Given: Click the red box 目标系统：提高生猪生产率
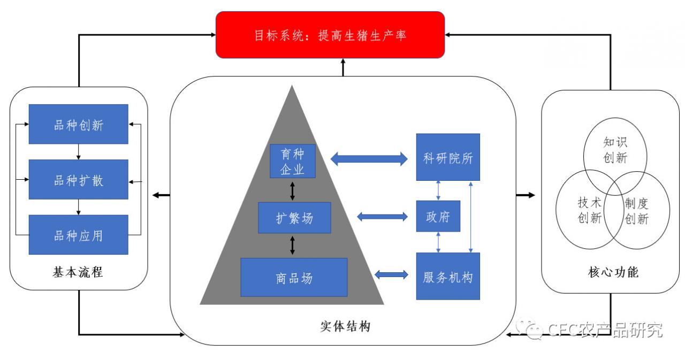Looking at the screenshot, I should click(x=330, y=35).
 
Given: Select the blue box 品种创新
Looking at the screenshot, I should click(x=79, y=124).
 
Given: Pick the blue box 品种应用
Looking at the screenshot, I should click(x=79, y=234).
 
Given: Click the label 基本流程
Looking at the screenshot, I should click(x=79, y=273).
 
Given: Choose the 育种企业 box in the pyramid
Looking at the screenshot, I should click(x=292, y=160).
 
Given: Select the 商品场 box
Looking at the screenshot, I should click(x=294, y=277).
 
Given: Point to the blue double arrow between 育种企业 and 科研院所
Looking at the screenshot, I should click(x=369, y=158).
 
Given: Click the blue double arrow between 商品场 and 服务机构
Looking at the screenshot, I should click(x=391, y=274).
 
